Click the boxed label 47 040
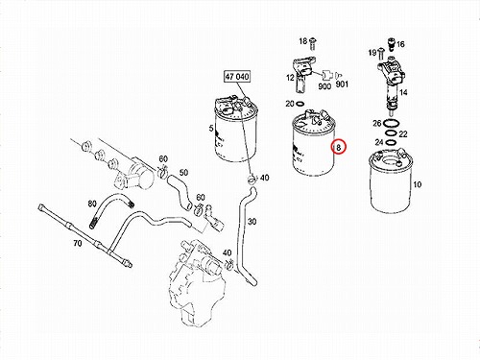click(237, 77)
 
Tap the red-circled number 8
click(339, 148)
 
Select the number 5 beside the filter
click(211, 129)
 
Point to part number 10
click(418, 184)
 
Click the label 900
click(324, 86)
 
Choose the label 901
click(342, 84)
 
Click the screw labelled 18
click(313, 44)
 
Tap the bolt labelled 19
click(381, 54)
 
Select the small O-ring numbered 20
click(300, 104)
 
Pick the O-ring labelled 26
click(391, 123)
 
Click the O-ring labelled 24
click(390, 141)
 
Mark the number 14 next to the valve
click(403, 92)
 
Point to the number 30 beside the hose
click(252, 221)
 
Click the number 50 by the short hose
click(183, 173)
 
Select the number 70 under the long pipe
click(78, 244)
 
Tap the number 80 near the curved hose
click(92, 204)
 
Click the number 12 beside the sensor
click(290, 78)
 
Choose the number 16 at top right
click(400, 44)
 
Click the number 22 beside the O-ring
click(403, 133)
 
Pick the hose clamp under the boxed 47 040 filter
click(252, 179)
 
